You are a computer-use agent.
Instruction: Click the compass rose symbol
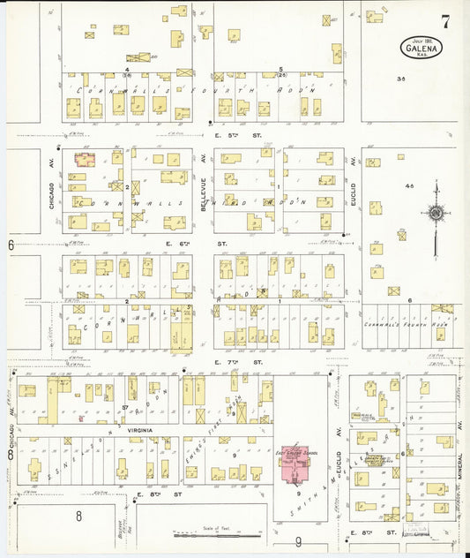[x=435, y=212]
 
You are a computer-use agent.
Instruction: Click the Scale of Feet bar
[x=217, y=535]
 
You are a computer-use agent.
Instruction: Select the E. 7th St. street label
[x=239, y=362]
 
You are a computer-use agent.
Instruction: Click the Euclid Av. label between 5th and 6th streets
[x=352, y=187]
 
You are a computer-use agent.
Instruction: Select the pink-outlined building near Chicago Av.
[x=85, y=160]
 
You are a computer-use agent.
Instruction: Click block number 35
[x=401, y=79]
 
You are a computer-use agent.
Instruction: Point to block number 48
[x=408, y=186]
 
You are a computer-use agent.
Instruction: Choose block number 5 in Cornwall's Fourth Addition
[x=280, y=69]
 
